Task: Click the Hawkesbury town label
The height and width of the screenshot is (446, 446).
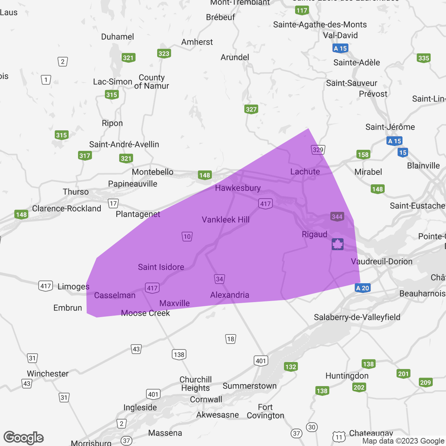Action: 238,188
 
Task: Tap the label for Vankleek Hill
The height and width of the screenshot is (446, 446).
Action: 226,220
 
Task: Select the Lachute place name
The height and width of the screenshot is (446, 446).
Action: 305,172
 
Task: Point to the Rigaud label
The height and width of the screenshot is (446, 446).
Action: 314,235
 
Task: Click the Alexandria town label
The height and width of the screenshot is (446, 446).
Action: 230,295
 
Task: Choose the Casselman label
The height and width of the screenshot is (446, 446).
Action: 114,295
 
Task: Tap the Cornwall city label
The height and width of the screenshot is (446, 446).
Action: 206,400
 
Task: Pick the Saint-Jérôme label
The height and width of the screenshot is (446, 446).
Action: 390,127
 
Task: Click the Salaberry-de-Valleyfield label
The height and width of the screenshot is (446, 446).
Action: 357,317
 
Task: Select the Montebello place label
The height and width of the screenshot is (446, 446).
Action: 152,172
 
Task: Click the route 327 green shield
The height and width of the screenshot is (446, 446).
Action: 251,109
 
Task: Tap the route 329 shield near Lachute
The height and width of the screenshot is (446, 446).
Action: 318,150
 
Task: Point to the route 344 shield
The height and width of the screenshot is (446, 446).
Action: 337,217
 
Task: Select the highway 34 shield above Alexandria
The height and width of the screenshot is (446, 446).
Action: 219,279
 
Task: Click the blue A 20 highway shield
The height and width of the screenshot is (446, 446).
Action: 362,288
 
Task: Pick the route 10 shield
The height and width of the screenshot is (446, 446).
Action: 187,236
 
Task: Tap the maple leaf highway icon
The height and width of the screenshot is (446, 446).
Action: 337,244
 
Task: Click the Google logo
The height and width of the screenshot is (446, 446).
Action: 23,437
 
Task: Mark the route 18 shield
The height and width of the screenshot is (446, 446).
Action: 230,339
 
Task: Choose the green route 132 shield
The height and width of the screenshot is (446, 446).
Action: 291,367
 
